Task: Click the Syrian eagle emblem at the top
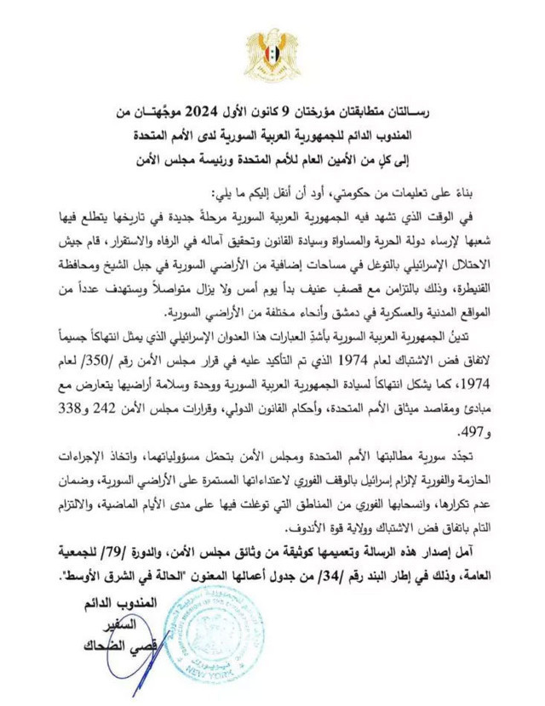273,54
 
